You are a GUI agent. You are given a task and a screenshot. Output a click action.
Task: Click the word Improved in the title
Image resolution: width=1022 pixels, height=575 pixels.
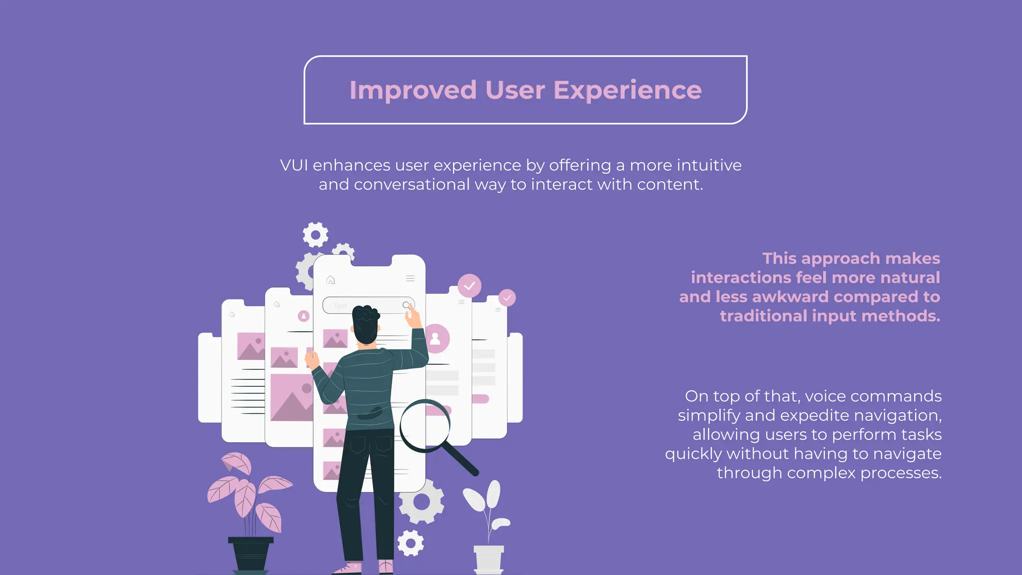click(413, 90)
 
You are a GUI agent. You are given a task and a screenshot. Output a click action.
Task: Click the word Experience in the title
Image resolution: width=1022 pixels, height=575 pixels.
click(627, 90)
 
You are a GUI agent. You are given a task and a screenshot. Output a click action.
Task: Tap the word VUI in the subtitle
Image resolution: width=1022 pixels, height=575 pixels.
click(293, 165)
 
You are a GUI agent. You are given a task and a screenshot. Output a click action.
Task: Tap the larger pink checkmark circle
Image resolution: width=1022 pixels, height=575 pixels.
click(469, 286)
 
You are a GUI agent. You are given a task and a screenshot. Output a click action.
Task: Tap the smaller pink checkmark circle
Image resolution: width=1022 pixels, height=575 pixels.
click(507, 298)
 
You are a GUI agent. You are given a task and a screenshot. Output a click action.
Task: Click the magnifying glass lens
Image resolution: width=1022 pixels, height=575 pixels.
click(425, 425)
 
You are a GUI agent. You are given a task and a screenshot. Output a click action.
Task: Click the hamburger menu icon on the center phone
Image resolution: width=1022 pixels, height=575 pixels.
click(410, 279)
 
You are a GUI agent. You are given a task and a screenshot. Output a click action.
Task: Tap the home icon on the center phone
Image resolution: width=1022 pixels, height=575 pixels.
click(330, 280)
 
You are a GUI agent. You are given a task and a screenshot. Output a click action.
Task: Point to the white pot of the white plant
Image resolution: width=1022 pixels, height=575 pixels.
click(489, 558)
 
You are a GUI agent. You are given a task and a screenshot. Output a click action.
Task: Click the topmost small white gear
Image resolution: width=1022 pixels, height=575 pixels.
click(315, 235)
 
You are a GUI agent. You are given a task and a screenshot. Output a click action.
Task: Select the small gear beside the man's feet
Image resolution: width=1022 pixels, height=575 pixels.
click(411, 543)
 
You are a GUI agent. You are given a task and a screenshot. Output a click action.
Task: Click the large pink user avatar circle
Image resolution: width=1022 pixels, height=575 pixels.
click(436, 338)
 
